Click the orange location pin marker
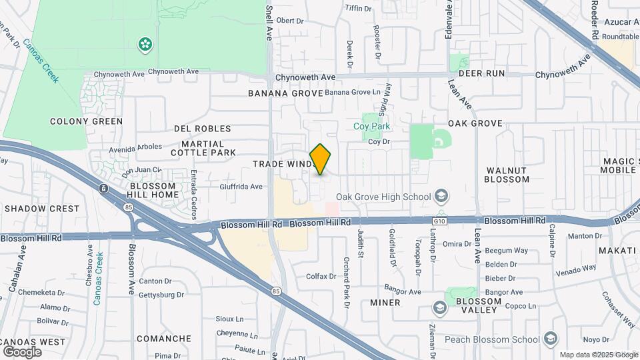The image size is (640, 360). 321,159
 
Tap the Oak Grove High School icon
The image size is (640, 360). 441,196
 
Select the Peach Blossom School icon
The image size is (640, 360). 550,339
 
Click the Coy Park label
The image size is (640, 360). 371,125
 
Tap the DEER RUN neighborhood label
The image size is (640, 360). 481,73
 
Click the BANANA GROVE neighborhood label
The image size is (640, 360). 285,93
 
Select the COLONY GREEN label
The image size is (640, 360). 87,121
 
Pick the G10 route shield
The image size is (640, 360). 437,219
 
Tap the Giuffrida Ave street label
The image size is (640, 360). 241,187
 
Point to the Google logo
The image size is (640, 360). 22,351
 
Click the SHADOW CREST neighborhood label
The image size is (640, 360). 41,209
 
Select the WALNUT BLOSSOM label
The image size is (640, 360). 506,175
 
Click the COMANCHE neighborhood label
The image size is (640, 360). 164,339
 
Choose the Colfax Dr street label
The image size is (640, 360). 321,276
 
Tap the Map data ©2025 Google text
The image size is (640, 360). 598,355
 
